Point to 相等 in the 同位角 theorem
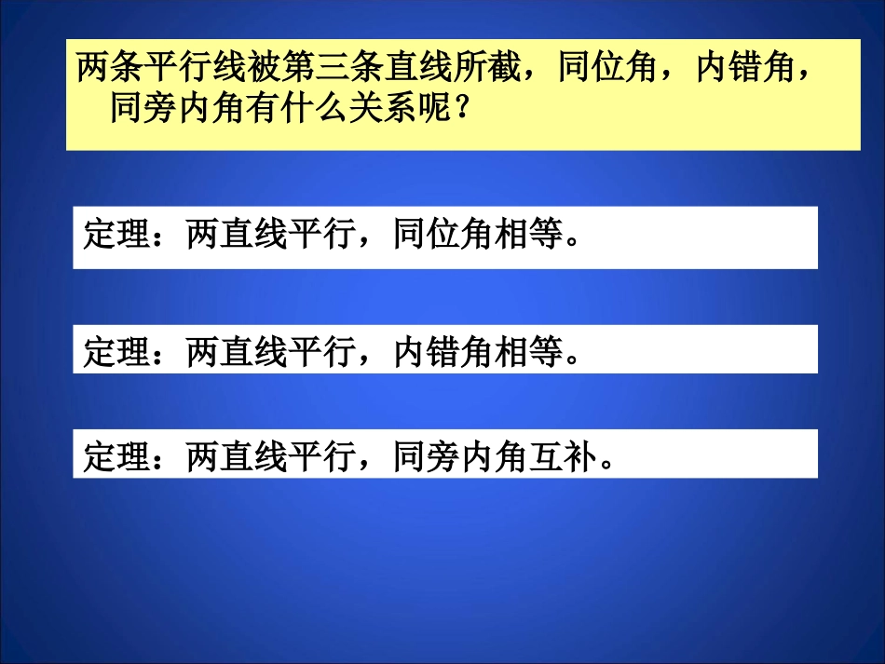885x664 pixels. pos(530,237)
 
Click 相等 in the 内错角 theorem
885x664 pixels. pos(530,351)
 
